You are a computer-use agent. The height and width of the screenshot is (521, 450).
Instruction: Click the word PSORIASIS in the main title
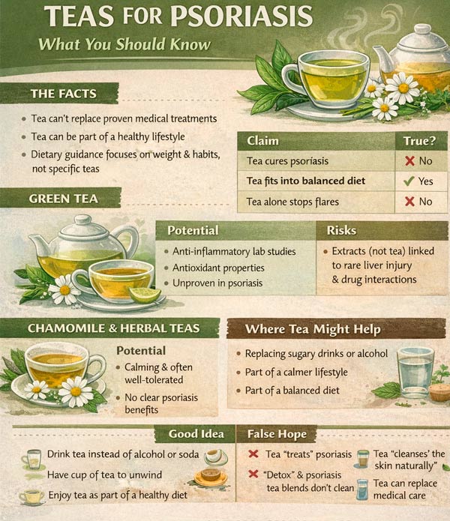[241, 16]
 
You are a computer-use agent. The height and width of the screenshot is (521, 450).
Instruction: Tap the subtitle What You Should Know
[124, 44]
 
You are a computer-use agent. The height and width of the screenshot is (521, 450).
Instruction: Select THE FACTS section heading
[64, 94]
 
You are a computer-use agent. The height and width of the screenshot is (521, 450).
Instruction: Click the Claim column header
[262, 141]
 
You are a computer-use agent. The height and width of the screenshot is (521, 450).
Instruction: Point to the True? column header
[419, 141]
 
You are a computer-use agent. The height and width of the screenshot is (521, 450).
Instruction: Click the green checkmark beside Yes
[409, 181]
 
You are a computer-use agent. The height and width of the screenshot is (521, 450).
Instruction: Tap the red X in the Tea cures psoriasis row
[409, 161]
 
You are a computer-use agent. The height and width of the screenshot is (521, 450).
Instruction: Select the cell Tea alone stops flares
[292, 202]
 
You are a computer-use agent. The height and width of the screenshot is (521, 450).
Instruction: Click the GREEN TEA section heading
[64, 199]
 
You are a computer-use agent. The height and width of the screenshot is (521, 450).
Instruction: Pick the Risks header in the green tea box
[341, 230]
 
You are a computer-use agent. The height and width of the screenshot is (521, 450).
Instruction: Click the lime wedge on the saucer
[145, 295]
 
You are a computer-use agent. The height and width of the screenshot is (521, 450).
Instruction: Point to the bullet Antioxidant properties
[218, 268]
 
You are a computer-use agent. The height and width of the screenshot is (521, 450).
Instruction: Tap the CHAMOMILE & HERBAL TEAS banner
[114, 328]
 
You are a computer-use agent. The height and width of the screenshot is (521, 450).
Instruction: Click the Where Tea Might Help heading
[313, 329]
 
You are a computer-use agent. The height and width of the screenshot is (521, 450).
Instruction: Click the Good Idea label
[196, 434]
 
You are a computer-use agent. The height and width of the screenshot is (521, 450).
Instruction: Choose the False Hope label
[277, 434]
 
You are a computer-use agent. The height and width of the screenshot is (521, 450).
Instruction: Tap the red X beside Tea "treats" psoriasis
[253, 454]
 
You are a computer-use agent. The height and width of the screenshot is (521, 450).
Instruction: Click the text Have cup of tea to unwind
[104, 475]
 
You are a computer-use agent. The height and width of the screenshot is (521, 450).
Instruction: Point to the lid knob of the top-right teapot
[422, 29]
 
